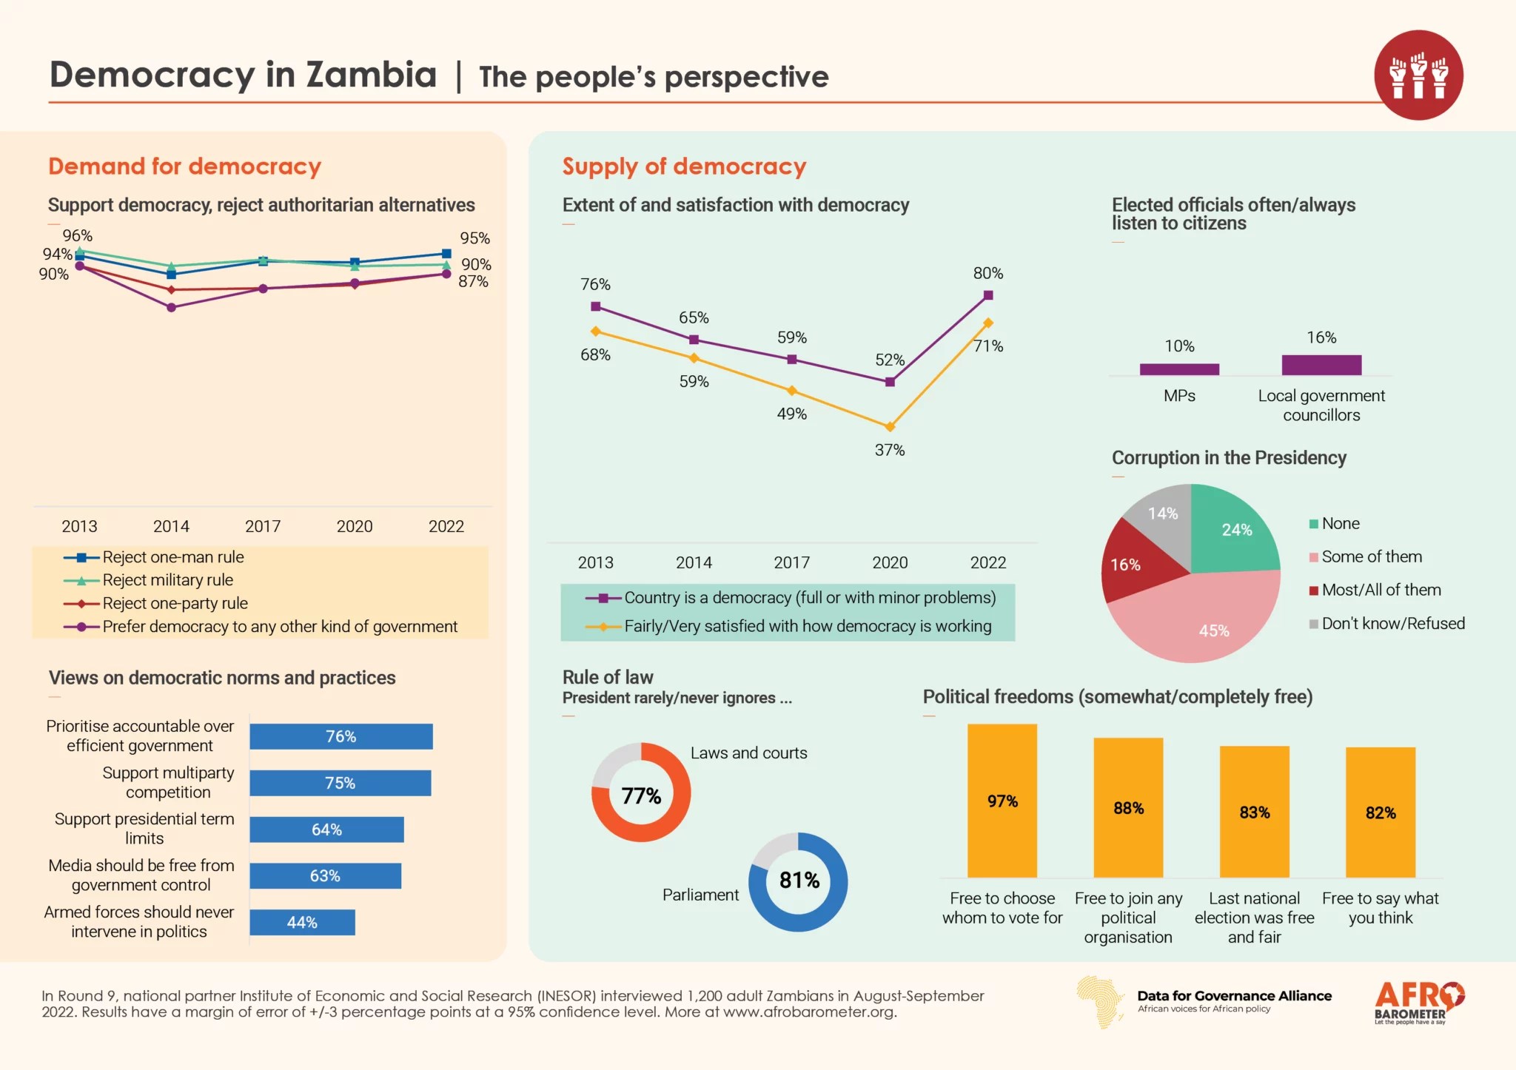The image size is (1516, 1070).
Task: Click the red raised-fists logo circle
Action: [1418, 75]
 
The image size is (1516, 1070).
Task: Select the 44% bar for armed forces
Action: [302, 922]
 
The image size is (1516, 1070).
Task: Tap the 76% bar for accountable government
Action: [341, 736]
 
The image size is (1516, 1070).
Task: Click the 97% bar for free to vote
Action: [1002, 801]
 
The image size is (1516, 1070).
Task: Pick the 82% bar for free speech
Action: [1381, 812]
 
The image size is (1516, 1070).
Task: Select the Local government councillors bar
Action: [1321, 365]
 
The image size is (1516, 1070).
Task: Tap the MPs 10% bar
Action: [1179, 369]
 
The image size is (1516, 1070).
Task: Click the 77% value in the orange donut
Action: [641, 795]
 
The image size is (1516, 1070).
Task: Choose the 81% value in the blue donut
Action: [799, 881]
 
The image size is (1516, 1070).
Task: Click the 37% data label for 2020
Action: [890, 450]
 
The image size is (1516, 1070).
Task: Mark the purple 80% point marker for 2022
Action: [988, 295]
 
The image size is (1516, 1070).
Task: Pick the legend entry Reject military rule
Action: [167, 580]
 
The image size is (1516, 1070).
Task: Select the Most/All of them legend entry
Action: [1381, 590]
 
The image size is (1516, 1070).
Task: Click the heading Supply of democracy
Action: [684, 166]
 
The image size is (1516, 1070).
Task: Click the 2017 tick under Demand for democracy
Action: [263, 526]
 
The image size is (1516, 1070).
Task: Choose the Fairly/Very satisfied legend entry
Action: [807, 626]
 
